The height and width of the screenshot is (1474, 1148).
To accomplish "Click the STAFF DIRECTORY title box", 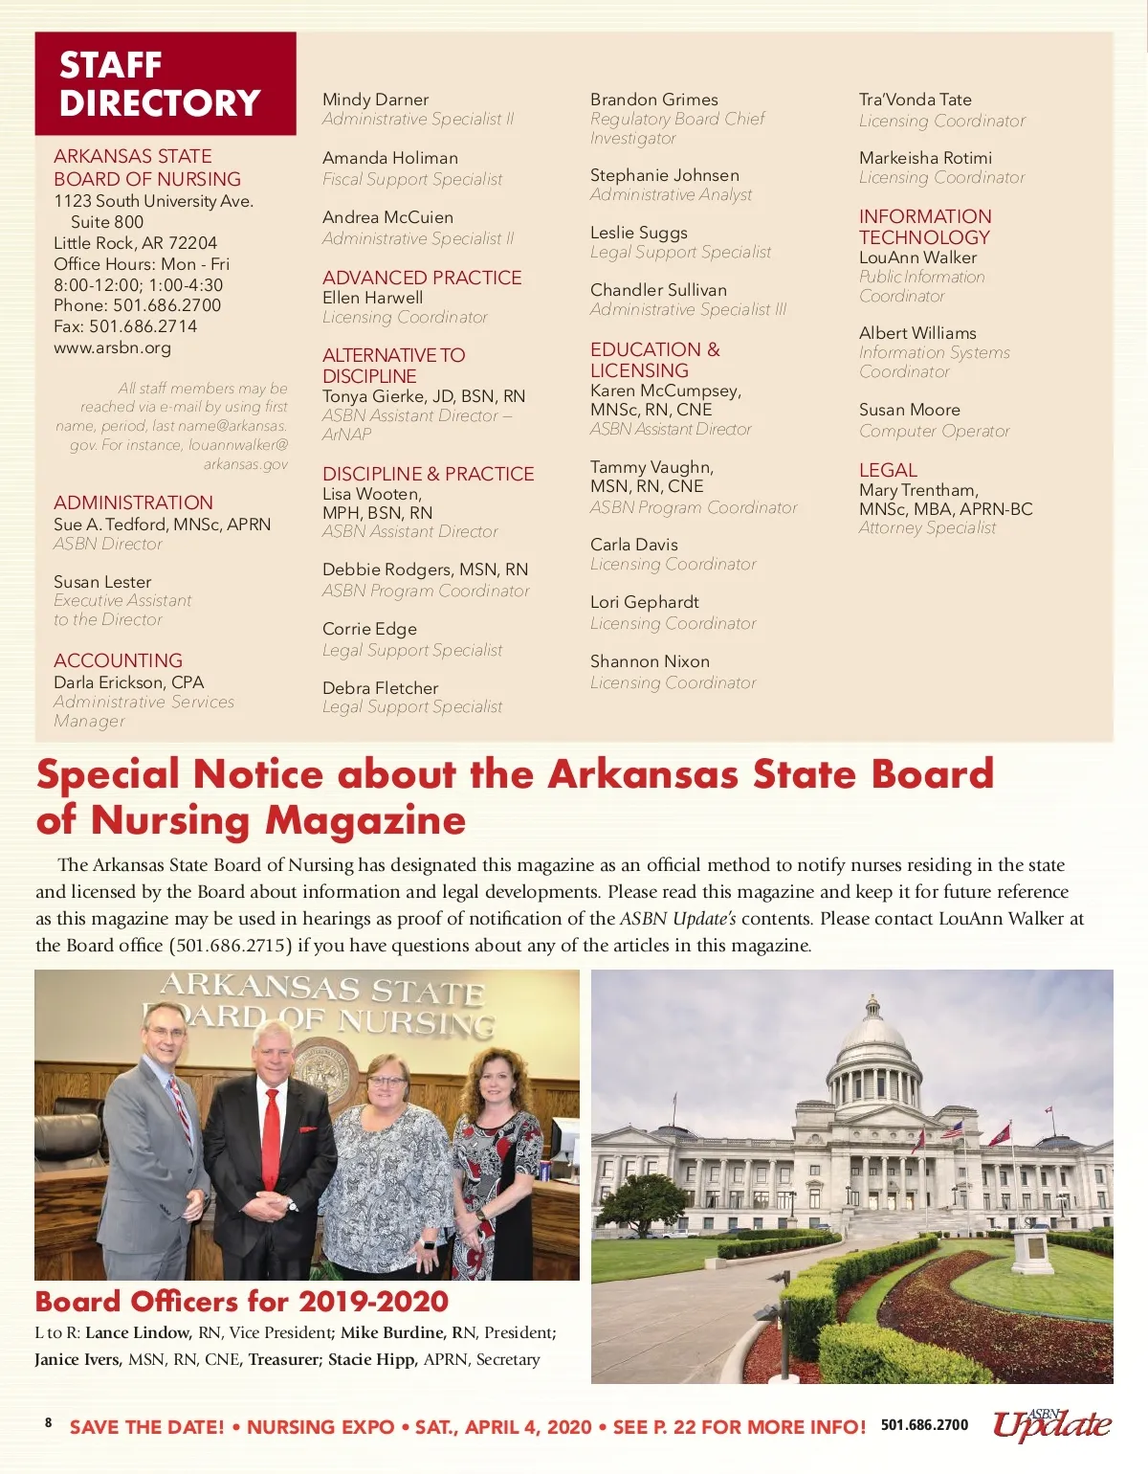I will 165,83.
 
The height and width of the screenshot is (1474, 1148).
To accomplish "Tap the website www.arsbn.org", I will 112,347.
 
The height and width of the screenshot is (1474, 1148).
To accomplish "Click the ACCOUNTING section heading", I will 118,660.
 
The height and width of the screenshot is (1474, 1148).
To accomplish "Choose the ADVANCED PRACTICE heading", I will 422,278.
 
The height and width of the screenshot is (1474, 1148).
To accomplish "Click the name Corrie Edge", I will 369,629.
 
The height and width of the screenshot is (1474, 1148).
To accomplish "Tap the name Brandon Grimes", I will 653,100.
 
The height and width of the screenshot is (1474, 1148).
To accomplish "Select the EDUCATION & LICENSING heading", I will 654,360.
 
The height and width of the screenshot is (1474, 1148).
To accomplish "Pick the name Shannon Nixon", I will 650,661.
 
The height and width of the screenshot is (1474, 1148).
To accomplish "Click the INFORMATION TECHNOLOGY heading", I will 924,227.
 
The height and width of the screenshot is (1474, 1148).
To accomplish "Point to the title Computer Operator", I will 934,431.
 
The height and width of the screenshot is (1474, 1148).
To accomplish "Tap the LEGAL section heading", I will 888,470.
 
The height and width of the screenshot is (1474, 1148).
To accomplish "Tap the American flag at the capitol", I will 952,1130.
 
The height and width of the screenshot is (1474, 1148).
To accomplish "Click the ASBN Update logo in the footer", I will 1051,1424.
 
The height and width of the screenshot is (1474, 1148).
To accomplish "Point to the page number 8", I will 49,1422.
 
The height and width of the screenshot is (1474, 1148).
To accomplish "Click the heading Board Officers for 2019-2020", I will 241,1302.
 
